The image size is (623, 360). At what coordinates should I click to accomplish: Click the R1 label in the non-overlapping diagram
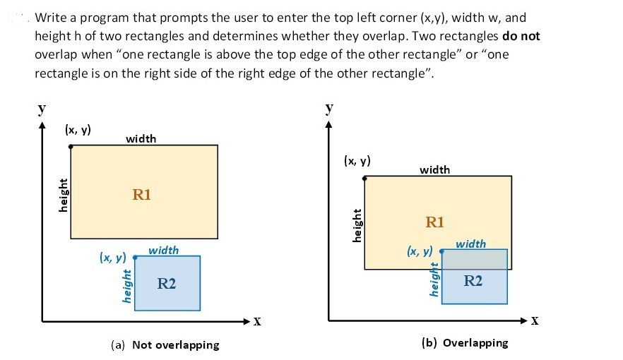pyautogui.click(x=142, y=195)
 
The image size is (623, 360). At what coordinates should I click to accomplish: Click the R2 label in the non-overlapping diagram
pyautogui.click(x=167, y=284)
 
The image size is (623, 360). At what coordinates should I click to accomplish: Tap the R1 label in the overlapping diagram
pyautogui.click(x=435, y=222)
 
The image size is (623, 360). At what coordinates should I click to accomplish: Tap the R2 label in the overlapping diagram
pyautogui.click(x=473, y=281)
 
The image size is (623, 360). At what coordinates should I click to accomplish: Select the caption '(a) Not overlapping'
pyautogui.click(x=165, y=345)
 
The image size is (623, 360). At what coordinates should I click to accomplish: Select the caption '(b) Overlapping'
pyautogui.click(x=464, y=343)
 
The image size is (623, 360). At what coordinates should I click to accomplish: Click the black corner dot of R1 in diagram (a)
pyautogui.click(x=71, y=146)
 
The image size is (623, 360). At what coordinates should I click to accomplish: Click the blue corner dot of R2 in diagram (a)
pyautogui.click(x=135, y=257)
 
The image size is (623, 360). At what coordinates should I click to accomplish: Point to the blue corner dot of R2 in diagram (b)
pyautogui.click(x=442, y=251)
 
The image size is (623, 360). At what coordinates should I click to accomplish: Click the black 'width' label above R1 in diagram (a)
pyautogui.click(x=141, y=138)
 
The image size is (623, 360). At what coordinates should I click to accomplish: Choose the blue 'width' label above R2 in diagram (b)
pyautogui.click(x=471, y=244)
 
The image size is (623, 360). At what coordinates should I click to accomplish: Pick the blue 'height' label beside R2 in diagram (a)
pyautogui.click(x=126, y=285)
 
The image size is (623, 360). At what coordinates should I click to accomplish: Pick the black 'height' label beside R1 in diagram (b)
pyautogui.click(x=357, y=224)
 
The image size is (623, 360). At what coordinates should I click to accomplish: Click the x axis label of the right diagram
pyautogui.click(x=535, y=321)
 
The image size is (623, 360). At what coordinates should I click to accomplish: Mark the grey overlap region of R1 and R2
pyautogui.click(x=474, y=259)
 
